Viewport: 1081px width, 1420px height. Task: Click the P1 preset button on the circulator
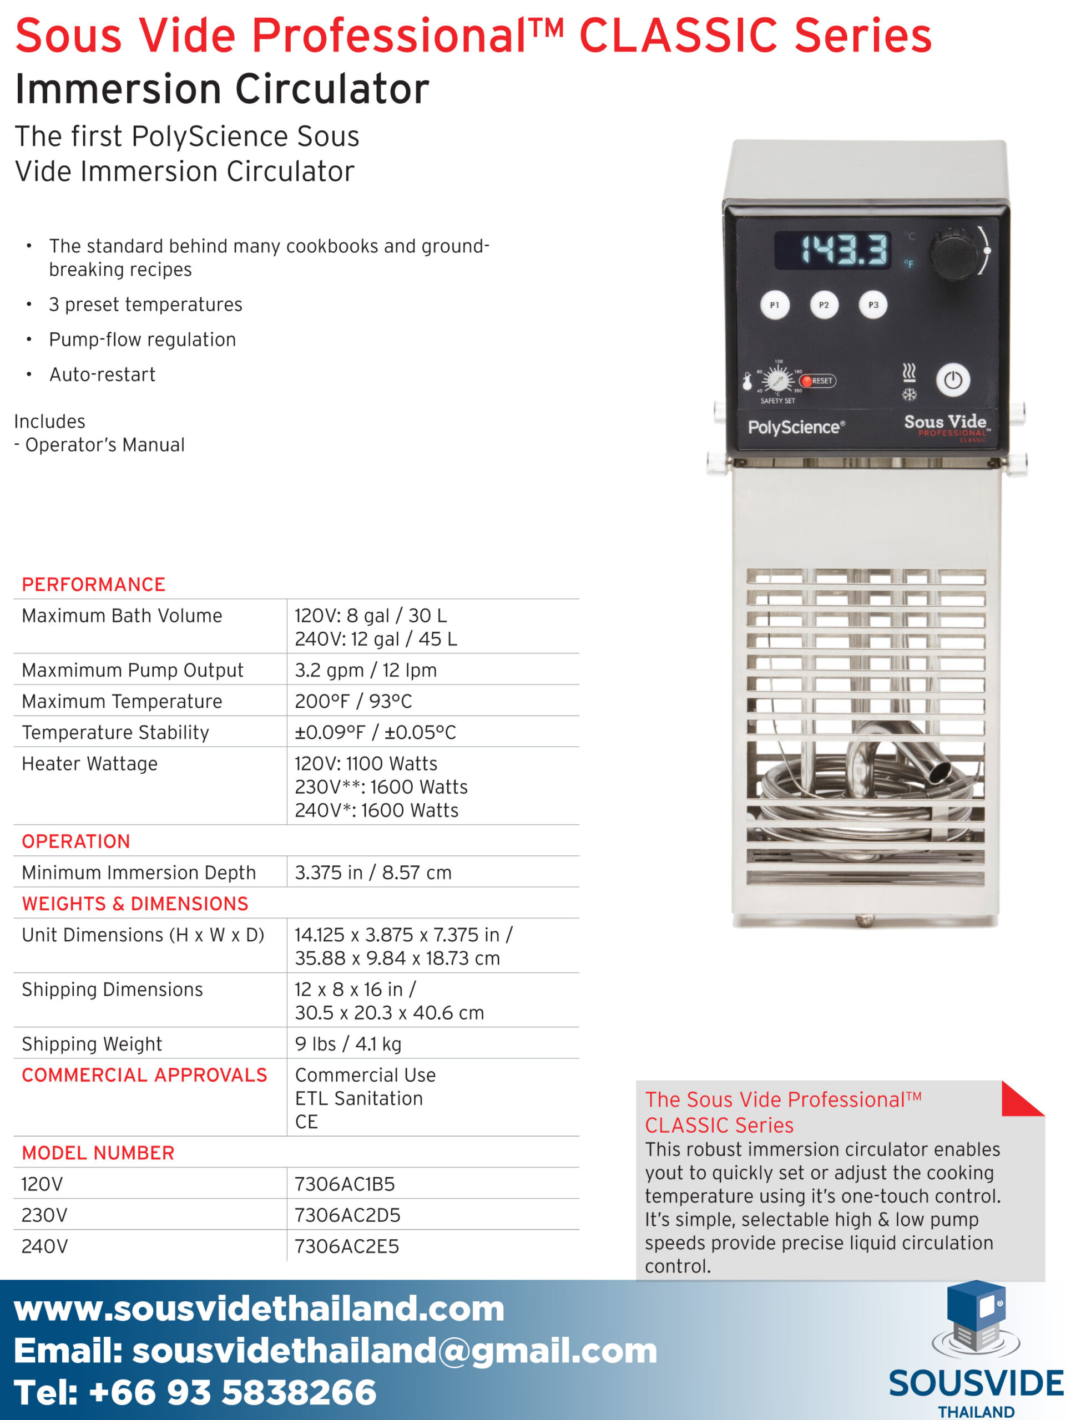(774, 305)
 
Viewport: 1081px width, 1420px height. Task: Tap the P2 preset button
(824, 305)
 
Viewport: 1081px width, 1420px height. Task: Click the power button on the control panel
(952, 380)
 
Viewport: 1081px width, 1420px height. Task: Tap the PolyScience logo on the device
(796, 427)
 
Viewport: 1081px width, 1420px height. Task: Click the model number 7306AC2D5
(347, 1215)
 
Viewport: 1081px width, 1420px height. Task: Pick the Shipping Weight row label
(92, 1044)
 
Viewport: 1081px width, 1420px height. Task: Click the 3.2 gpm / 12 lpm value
(366, 670)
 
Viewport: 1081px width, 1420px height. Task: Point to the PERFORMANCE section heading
(93, 585)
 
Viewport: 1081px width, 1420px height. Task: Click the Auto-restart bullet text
(102, 374)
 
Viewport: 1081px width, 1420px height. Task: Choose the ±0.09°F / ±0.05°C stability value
(375, 732)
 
